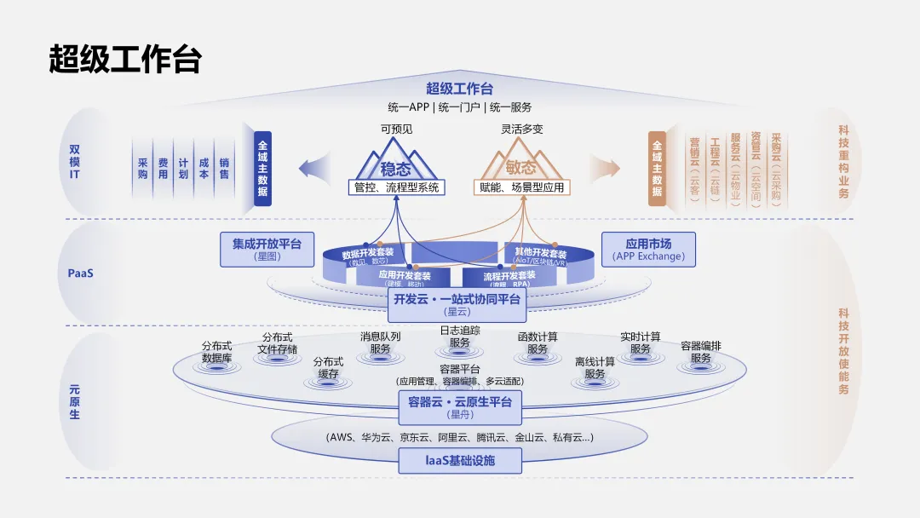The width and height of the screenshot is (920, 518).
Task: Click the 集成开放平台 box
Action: coord(267,248)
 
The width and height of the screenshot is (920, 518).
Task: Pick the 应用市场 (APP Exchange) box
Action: coord(648,248)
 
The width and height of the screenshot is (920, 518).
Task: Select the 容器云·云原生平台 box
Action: coord(459,406)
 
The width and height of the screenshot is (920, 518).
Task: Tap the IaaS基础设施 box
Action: coord(460,461)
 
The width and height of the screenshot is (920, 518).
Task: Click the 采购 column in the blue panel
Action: coord(142,168)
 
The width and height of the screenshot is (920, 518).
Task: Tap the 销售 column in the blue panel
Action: coord(224,168)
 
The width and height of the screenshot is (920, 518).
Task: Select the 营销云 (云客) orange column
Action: coord(694,168)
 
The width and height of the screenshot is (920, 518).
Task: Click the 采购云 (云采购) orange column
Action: coord(776,168)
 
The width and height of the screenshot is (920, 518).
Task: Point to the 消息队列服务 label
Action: coord(380,342)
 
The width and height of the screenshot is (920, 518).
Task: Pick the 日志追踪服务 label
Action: coord(460,337)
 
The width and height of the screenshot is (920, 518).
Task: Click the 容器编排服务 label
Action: coord(701,352)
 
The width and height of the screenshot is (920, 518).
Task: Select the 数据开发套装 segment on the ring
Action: coord(368,256)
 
